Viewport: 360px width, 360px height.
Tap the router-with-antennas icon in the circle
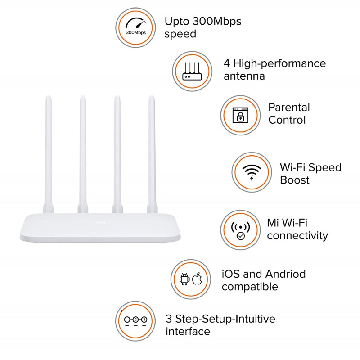192,71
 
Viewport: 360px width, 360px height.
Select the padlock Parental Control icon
240,116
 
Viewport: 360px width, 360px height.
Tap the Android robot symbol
184,279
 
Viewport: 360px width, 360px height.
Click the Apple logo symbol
197,279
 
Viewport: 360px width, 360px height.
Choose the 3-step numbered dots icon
135,320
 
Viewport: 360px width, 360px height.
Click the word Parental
289,108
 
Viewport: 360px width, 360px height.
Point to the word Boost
295,180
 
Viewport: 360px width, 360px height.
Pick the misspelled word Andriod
286,274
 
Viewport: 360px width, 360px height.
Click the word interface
188,332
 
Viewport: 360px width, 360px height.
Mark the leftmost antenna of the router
48,148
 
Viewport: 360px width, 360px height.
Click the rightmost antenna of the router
152,148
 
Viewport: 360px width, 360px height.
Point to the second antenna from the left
83,148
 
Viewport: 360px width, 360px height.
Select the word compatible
250,287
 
